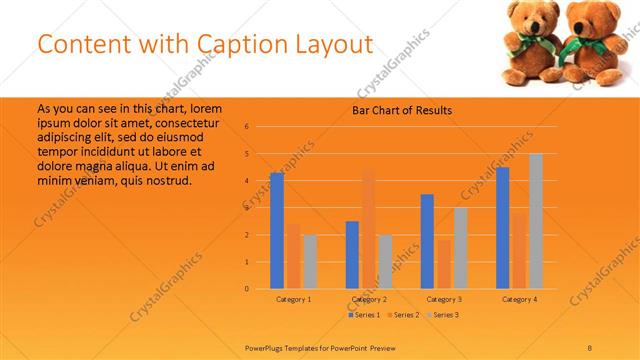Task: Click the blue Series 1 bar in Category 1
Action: pos(277,231)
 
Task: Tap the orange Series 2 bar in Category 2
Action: pos(369,230)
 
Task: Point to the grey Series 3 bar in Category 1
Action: pos(310,262)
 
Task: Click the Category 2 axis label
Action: pos(370,299)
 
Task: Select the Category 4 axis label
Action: pos(520,299)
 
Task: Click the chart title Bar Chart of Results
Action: pos(402,110)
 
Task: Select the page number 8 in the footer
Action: pos(590,347)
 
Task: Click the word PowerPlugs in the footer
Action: pos(268,347)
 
